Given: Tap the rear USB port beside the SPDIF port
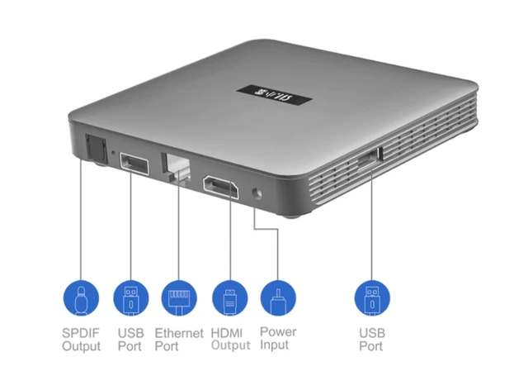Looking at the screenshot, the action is point(134,163).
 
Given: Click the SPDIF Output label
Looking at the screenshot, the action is point(82,339).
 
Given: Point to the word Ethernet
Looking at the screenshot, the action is point(179,332).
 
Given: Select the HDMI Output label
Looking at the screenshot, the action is point(230,339).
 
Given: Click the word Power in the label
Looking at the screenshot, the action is point(278,332).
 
